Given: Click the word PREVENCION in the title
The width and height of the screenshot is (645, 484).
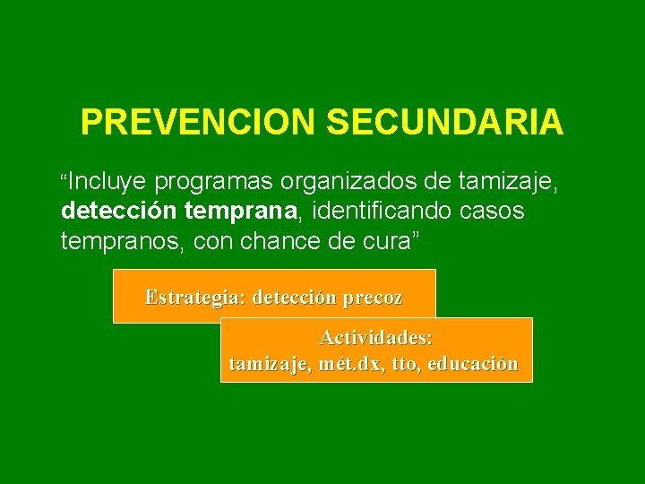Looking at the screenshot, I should [197, 122].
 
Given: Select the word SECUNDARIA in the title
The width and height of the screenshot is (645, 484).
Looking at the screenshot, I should [444, 122].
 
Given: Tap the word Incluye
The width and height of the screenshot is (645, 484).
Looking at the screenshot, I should [107, 183].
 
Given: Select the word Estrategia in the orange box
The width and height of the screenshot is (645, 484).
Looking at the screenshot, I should [195, 298].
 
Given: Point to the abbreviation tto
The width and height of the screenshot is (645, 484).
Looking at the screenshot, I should [403, 365].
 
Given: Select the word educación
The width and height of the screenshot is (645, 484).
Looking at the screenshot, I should [473, 365].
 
